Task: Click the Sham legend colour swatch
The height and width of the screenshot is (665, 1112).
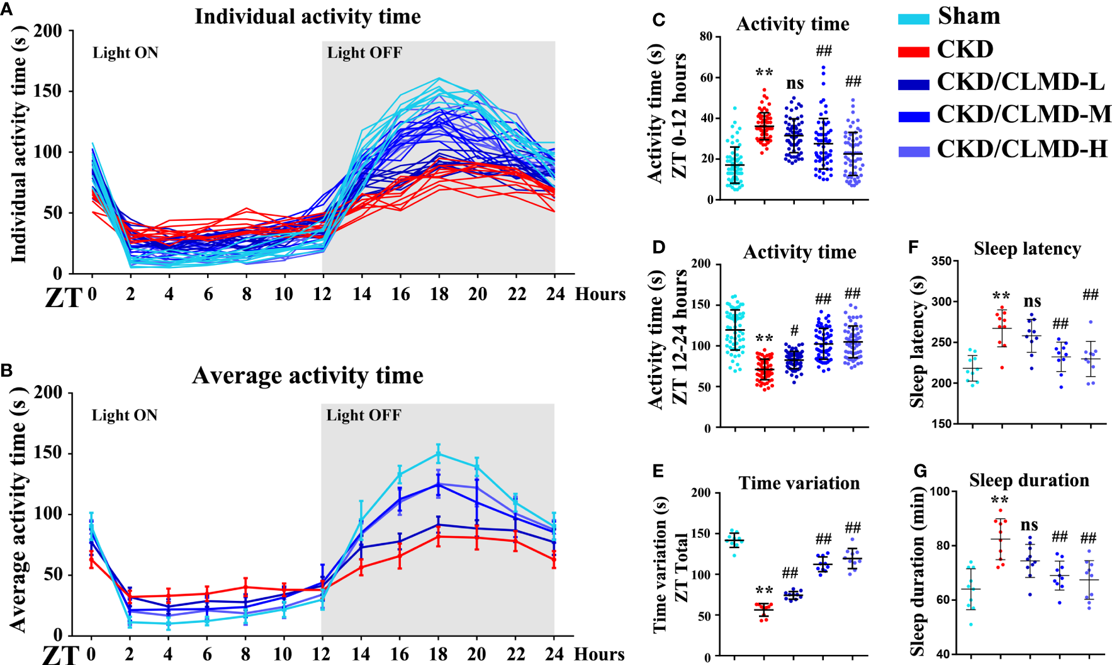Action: [x=913, y=18]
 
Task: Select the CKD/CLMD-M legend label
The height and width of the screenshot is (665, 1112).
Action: [x=1023, y=115]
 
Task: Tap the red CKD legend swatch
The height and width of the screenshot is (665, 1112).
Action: [x=913, y=51]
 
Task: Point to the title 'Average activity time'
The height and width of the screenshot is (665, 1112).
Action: [x=307, y=376]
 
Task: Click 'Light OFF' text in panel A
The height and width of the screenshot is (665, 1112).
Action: [x=364, y=53]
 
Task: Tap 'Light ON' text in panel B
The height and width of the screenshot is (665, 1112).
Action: [x=125, y=415]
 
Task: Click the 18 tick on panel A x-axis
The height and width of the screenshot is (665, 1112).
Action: [x=439, y=294]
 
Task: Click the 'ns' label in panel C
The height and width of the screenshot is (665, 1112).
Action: [x=795, y=84]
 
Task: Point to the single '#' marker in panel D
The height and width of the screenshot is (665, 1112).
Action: [x=794, y=330]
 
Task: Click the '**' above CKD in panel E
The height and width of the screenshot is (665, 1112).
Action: [x=764, y=591]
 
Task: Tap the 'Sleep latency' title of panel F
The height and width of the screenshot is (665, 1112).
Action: [x=1027, y=249]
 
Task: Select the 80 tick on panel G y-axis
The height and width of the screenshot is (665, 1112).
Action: [x=942, y=545]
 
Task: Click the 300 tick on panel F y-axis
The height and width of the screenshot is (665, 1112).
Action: [x=942, y=301]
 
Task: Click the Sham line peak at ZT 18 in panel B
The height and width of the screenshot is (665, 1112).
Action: [x=438, y=453]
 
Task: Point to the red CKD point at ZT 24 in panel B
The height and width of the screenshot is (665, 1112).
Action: [x=554, y=559]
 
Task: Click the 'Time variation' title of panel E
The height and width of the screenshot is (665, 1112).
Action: [x=799, y=483]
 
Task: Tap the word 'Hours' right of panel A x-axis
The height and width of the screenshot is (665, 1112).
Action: [x=600, y=294]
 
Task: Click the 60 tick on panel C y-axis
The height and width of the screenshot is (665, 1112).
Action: [x=706, y=77]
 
